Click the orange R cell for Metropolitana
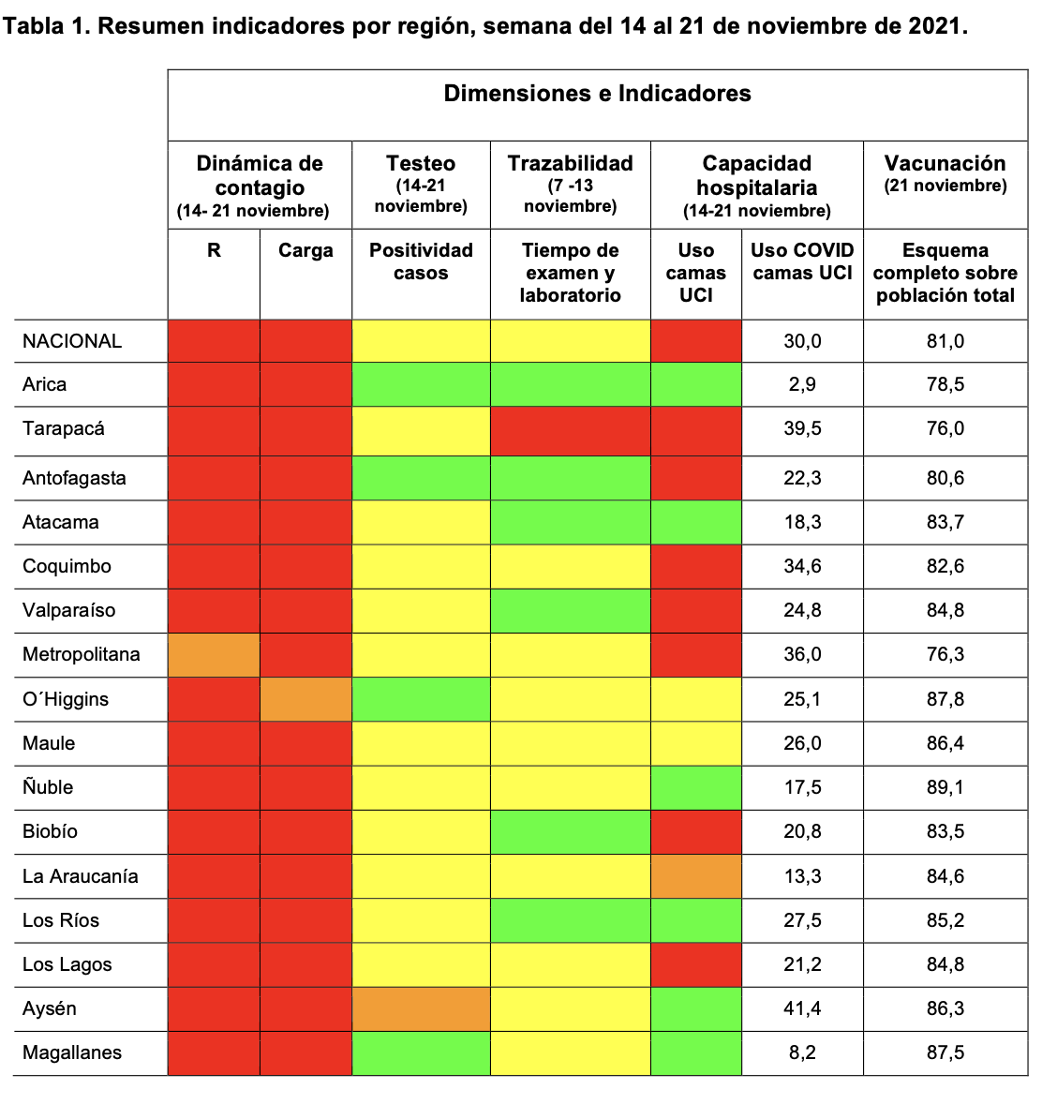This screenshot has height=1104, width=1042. (x=214, y=654)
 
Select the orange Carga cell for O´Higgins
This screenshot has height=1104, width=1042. (x=305, y=699)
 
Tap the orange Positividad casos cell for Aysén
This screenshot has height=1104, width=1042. (x=421, y=1008)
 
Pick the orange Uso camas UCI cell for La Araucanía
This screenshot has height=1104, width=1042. (x=696, y=876)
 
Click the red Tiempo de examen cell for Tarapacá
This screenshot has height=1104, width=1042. (x=570, y=429)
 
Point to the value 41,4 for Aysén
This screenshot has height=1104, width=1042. (x=802, y=1008)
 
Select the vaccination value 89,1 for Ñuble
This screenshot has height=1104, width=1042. (x=945, y=787)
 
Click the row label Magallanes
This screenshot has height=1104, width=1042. (x=72, y=1052)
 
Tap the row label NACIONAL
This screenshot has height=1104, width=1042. (x=72, y=341)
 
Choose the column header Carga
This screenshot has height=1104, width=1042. (x=305, y=250)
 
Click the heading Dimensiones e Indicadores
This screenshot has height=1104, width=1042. (x=597, y=94)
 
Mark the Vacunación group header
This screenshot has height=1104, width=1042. (x=945, y=163)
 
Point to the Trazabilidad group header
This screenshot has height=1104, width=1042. (x=570, y=163)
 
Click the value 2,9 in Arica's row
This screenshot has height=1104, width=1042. (x=802, y=384)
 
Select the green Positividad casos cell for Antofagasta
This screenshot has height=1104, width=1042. (x=421, y=478)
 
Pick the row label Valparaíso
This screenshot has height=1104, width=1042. (x=69, y=610)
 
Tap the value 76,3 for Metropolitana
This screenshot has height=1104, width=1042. (x=945, y=654)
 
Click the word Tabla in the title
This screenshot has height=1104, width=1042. (x=37, y=25)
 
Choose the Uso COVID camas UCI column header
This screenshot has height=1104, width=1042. (x=802, y=261)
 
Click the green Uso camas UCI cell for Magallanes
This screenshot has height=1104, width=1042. (x=696, y=1052)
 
